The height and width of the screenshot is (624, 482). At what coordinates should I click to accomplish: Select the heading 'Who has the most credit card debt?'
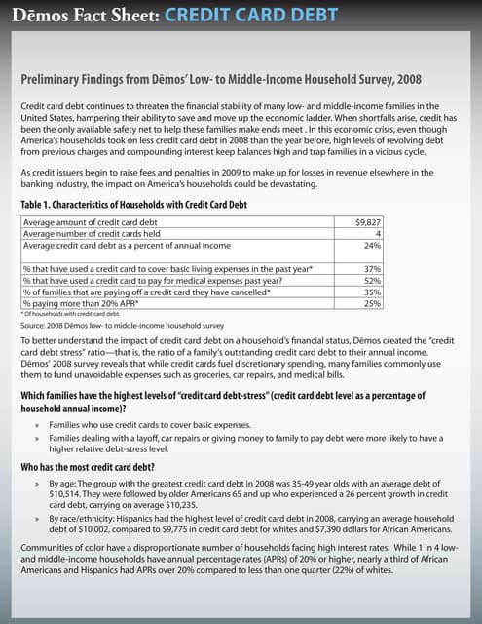pos(91,468)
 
